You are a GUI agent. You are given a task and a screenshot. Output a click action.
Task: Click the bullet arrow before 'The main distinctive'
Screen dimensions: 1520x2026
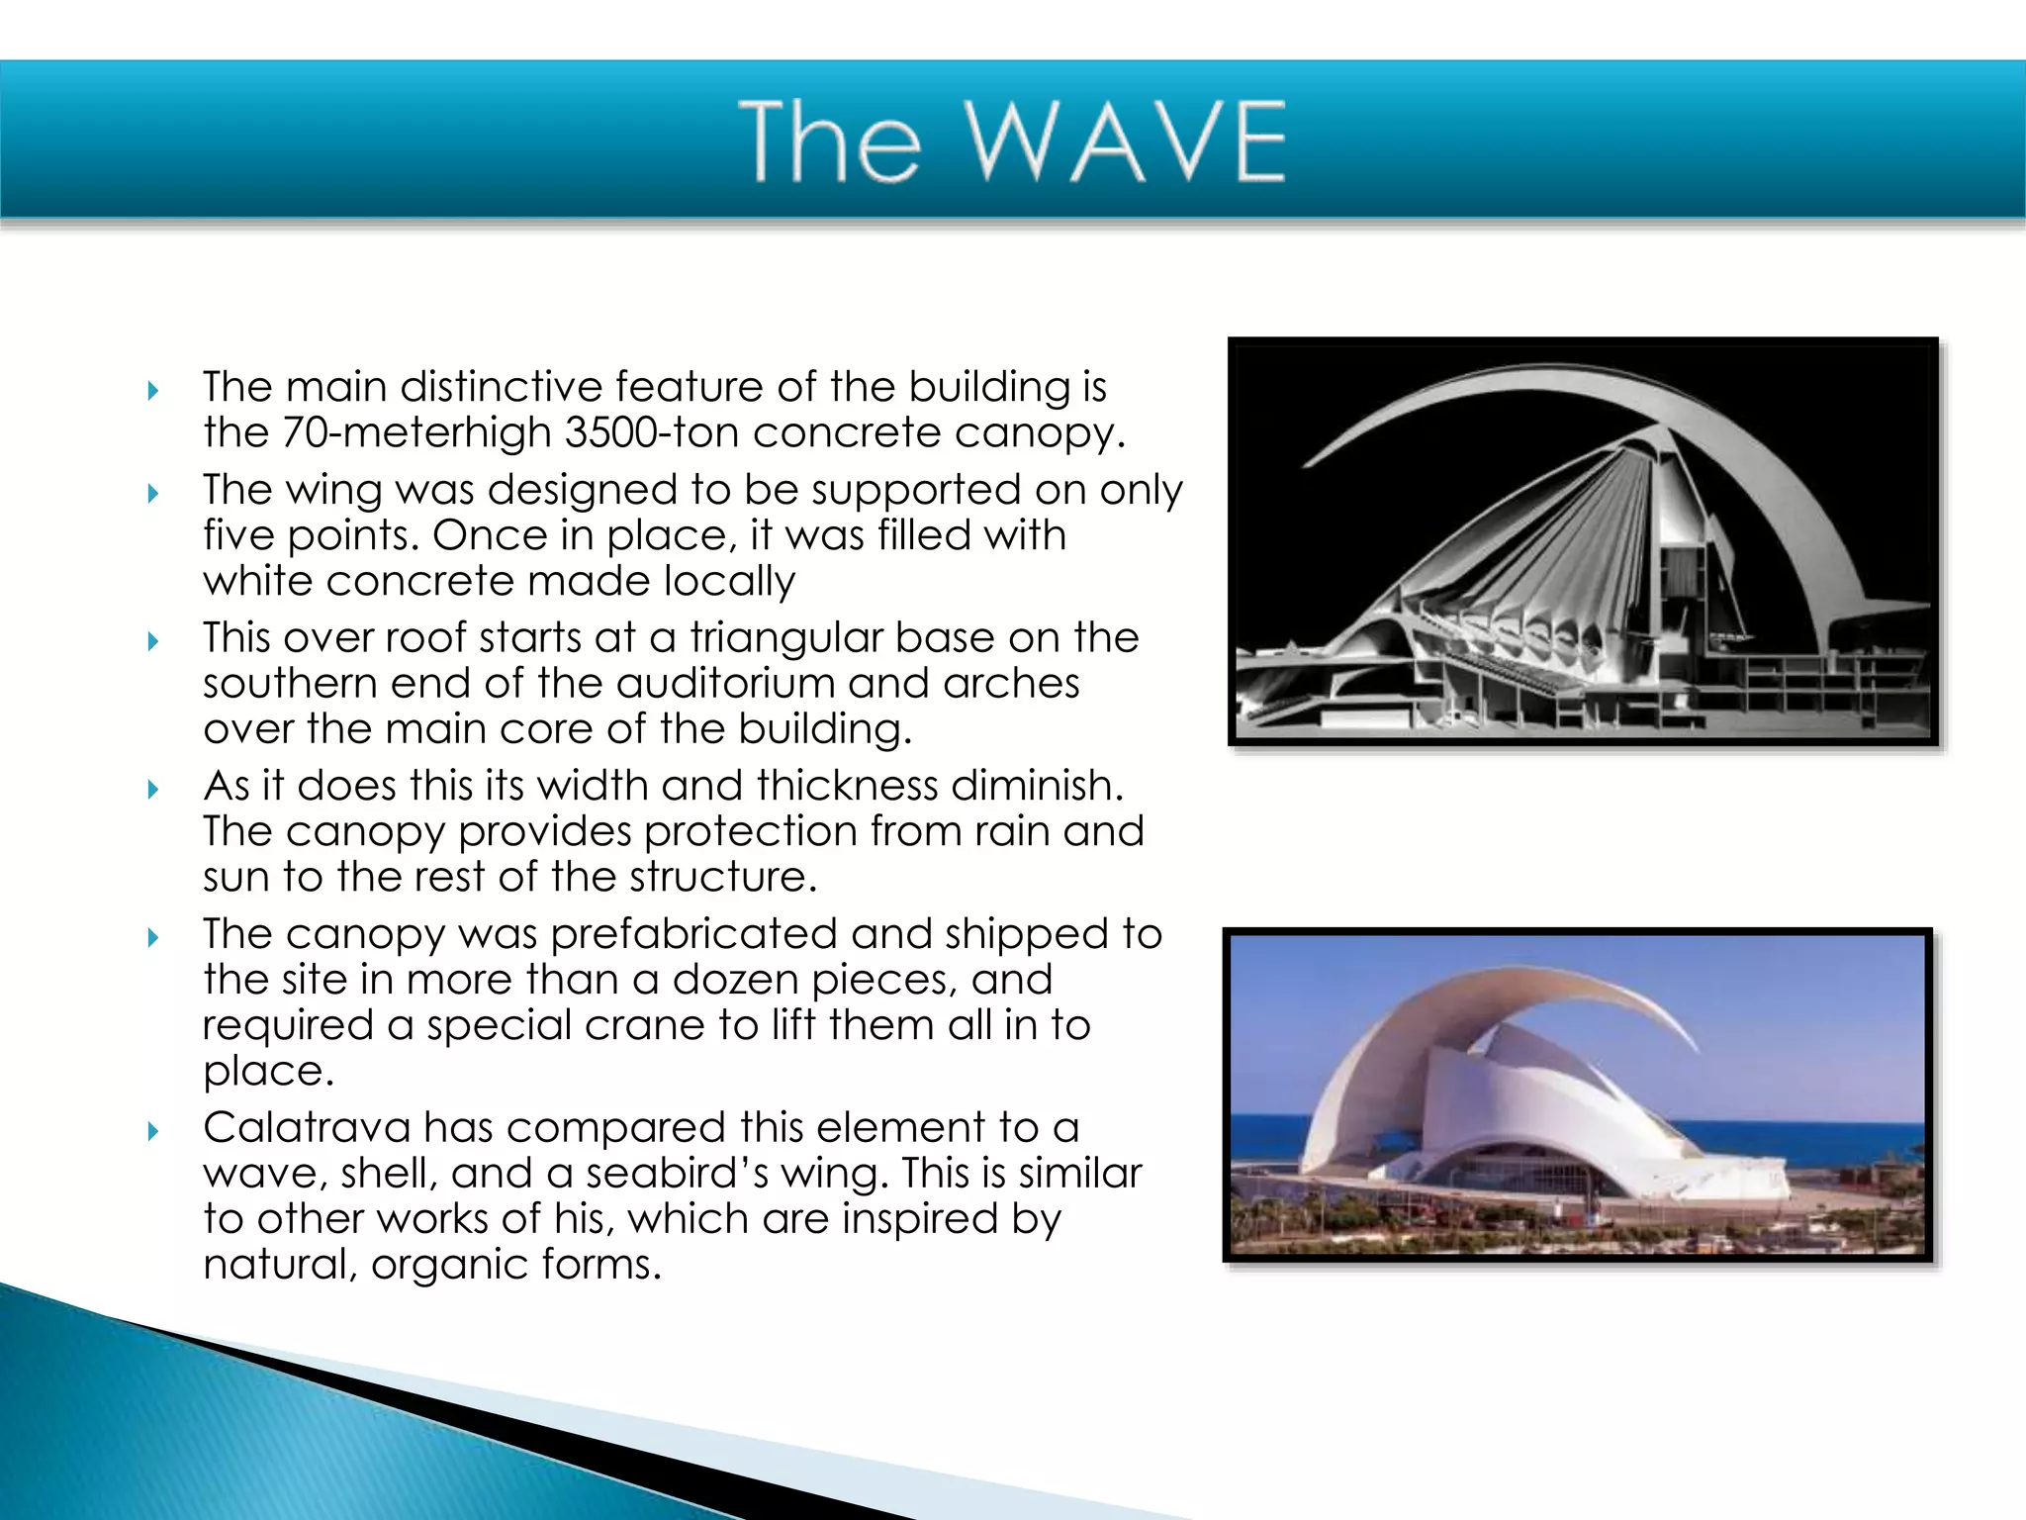coord(153,390)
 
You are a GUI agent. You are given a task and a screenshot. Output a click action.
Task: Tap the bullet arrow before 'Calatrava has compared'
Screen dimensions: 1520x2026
coord(153,1130)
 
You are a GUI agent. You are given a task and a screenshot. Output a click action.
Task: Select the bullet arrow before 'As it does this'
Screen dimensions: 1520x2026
coord(153,789)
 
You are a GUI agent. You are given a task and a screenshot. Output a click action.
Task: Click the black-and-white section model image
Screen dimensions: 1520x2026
coord(1583,540)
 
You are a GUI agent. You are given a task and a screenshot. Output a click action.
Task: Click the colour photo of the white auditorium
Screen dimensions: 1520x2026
coord(1577,1094)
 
